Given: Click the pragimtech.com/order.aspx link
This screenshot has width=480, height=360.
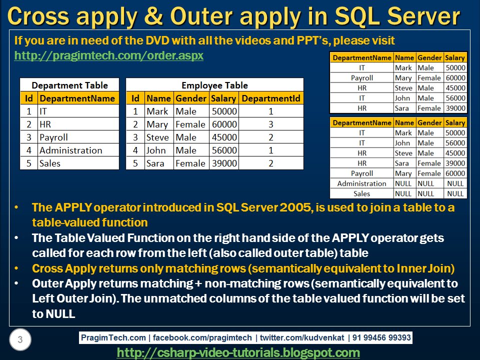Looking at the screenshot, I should [x=108, y=55].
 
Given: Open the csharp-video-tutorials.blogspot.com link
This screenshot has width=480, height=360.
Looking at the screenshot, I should [x=238, y=352].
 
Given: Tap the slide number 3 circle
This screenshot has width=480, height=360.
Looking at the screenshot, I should [x=20, y=340].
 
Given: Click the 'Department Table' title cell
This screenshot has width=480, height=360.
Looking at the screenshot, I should [x=69, y=85].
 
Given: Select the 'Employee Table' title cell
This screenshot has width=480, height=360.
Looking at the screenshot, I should [x=214, y=85].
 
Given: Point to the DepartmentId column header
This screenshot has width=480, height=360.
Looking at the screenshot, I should [x=271, y=98].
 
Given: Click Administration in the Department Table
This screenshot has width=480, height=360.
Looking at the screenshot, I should [x=70, y=150].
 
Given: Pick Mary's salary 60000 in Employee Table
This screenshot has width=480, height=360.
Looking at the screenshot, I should [x=224, y=124].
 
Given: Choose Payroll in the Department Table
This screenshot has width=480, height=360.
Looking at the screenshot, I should [x=53, y=137].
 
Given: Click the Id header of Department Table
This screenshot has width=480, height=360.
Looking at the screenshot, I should [x=28, y=98].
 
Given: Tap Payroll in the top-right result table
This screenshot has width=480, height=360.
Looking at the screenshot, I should [x=361, y=78].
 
